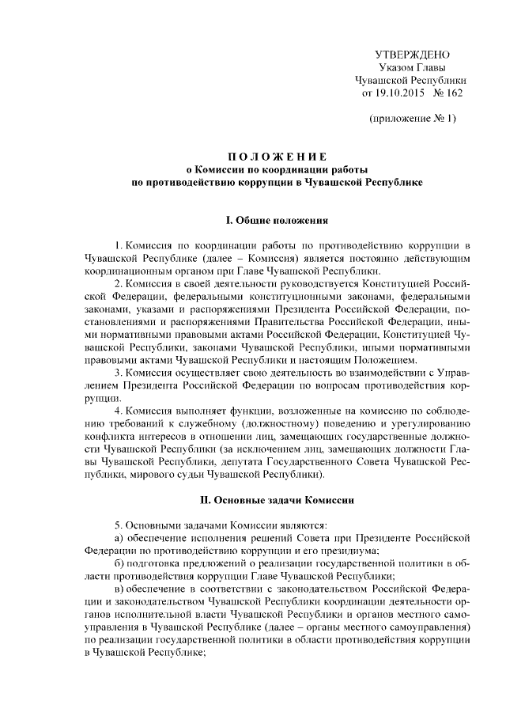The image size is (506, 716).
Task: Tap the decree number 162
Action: coord(453,93)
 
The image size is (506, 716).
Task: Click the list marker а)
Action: coord(119,537)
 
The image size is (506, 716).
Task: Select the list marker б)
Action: coord(119,563)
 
